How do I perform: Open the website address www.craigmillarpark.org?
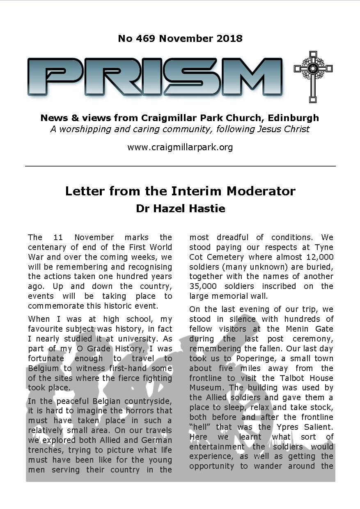180,147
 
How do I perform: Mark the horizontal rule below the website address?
180,166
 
